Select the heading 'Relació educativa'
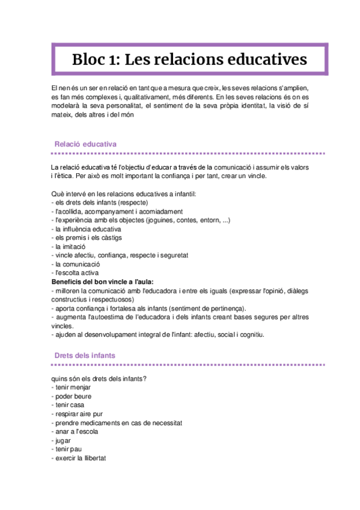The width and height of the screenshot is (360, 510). (85, 144)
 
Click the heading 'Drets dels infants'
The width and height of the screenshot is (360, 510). (85, 355)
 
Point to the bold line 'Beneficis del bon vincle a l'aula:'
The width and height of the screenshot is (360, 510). (102, 281)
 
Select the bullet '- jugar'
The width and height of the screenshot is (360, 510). (63, 440)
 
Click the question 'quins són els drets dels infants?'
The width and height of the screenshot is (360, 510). (100, 378)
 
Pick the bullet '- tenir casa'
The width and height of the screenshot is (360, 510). (69, 405)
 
